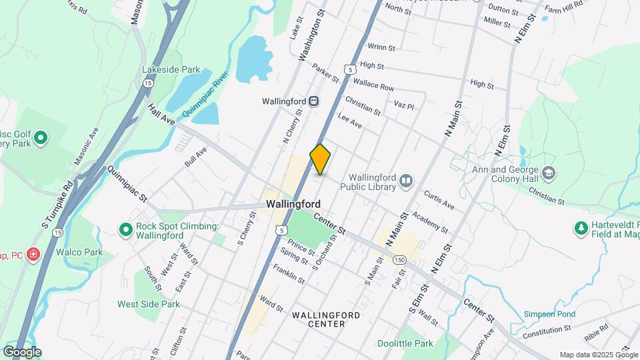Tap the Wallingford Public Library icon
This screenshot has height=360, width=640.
click(x=405, y=180)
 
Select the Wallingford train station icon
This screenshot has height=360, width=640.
click(x=313, y=101)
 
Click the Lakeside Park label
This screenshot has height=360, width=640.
click(x=171, y=69)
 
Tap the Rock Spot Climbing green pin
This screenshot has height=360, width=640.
click(x=125, y=230)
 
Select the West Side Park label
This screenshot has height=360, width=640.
click(x=149, y=304)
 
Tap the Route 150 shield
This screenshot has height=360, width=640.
click(x=399, y=259)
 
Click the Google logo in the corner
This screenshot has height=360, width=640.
click(x=22, y=351)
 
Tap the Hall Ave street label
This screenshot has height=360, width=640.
click(x=161, y=115)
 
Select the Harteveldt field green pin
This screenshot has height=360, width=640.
click(x=581, y=229)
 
